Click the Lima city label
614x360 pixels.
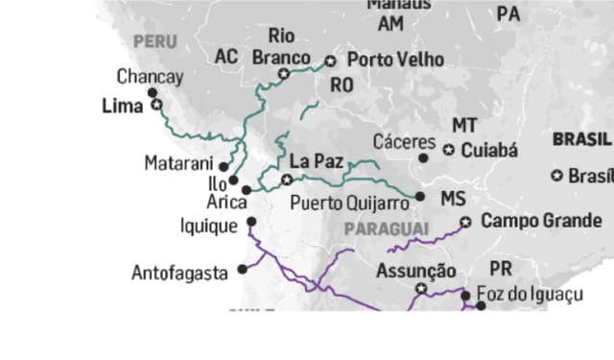[122, 108]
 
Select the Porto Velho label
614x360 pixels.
[395, 60]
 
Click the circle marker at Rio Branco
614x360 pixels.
[284, 74]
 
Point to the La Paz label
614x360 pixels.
[314, 160]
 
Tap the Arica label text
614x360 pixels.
[226, 203]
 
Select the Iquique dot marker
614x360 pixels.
[251, 222]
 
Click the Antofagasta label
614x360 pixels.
[179, 273]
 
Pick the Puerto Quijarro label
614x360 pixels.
[351, 204]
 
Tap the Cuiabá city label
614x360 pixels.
[489, 151]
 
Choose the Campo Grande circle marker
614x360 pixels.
[465, 222]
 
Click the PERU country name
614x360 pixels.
[156, 41]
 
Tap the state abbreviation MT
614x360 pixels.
[464, 127]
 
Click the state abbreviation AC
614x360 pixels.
[226, 58]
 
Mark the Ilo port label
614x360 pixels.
[219, 183]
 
